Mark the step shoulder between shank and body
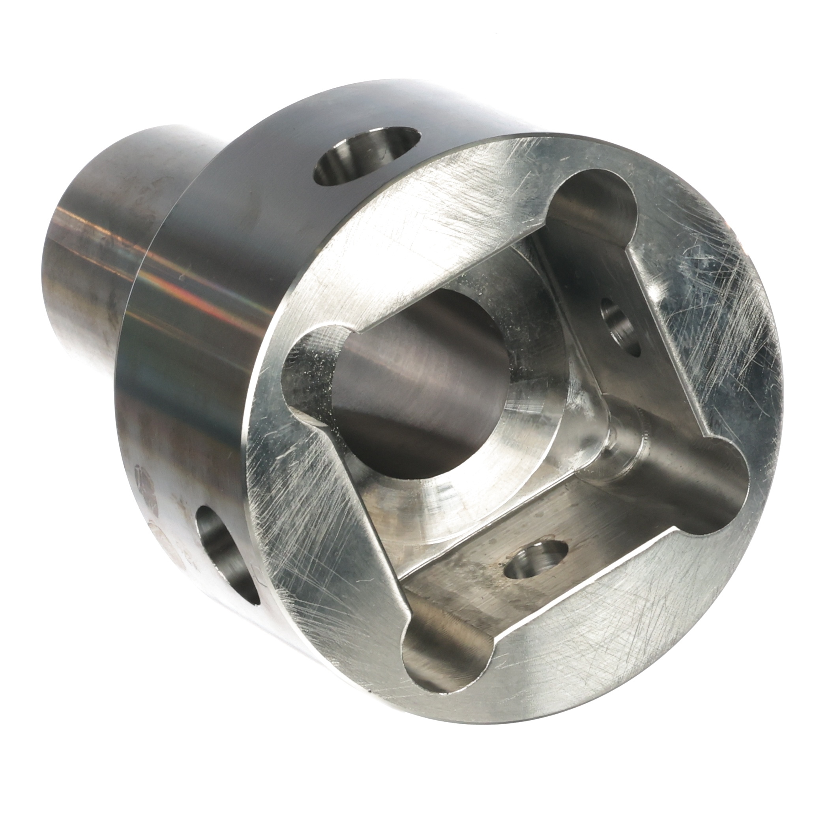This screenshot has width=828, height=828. point(180,214)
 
